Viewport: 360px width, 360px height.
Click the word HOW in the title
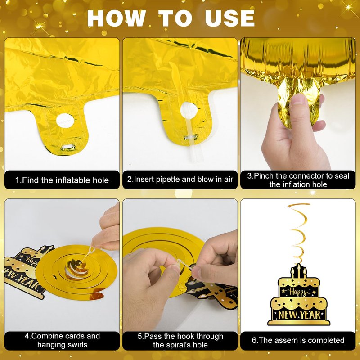coord(117,18)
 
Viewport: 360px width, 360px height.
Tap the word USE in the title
coord(230,18)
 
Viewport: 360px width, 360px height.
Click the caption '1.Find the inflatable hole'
coord(62,180)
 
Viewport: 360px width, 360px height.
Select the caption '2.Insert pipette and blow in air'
coord(180,179)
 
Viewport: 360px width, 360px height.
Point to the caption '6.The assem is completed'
coord(298,340)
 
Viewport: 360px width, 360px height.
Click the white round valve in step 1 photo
coord(65,121)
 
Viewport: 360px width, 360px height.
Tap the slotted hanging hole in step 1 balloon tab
coord(68,147)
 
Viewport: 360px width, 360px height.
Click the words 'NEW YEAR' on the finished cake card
coord(299,315)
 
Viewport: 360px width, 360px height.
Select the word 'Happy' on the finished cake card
coord(298,292)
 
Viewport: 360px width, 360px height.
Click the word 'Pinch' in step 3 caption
coord(264,176)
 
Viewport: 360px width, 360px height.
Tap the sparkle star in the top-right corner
coord(349,8)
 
